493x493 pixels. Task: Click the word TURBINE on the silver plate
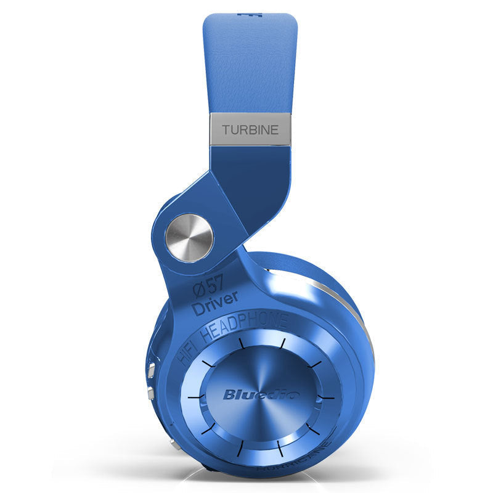pyautogui.click(x=250, y=129)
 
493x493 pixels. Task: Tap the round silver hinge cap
pyautogui.click(x=189, y=237)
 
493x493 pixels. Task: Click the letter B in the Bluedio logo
pyautogui.click(x=229, y=394)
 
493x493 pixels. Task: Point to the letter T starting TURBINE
pyautogui.click(x=226, y=130)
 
